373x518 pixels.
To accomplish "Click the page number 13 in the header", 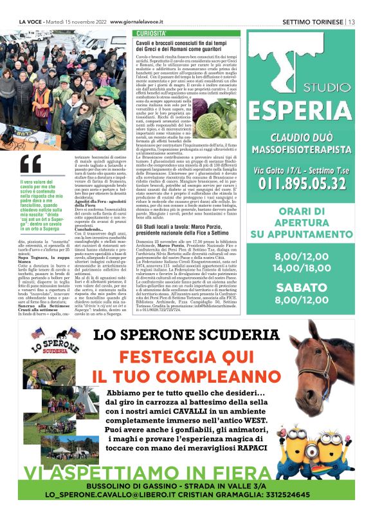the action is point(352,22).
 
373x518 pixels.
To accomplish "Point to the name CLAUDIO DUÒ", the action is point(300,138).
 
